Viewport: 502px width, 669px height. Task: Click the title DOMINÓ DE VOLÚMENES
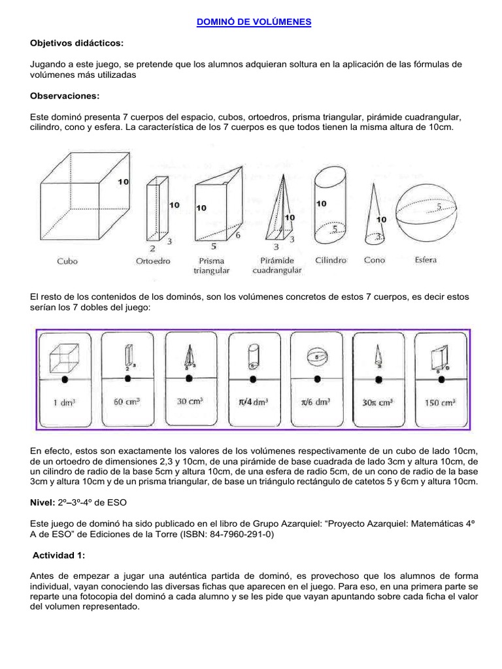254,22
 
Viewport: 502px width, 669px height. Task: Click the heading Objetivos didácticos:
76,42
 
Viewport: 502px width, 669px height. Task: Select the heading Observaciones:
65,96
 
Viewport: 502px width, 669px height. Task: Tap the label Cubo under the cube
67,261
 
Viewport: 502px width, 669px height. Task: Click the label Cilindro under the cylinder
330,260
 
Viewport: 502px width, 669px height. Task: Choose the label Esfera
426,259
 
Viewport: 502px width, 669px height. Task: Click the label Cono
375,260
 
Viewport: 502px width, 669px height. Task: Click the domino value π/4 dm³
254,403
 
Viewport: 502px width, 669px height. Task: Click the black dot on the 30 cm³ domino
190,379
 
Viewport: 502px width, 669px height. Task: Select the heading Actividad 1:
58,555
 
